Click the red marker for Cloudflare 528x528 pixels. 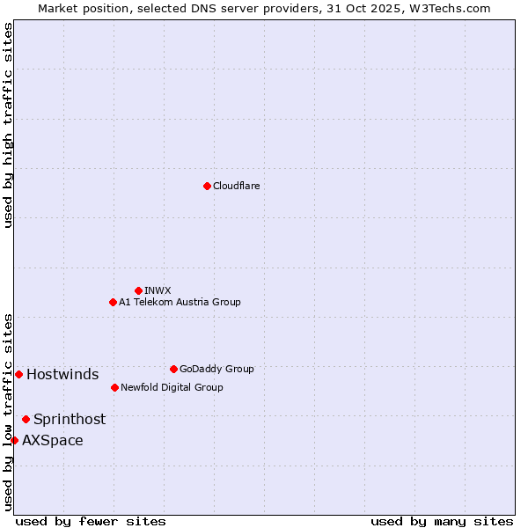[207, 186]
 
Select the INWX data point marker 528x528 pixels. [138, 290]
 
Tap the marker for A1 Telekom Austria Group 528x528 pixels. [113, 302]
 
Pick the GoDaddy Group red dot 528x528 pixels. [173, 369]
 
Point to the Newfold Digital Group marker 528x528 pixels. [114, 387]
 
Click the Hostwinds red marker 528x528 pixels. [18, 374]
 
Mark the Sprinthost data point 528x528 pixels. [26, 419]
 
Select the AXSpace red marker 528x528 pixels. [14, 440]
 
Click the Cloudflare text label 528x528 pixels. [236, 186]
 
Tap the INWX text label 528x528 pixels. [158, 290]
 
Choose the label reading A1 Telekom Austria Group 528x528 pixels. [180, 302]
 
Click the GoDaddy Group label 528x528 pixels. [216, 369]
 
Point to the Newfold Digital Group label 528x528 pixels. [172, 387]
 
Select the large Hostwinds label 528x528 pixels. [62, 374]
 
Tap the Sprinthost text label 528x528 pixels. [70, 419]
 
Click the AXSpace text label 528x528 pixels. [53, 440]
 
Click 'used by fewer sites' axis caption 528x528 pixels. [91, 521]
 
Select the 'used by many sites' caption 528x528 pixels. [442, 521]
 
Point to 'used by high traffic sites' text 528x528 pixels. [8, 125]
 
